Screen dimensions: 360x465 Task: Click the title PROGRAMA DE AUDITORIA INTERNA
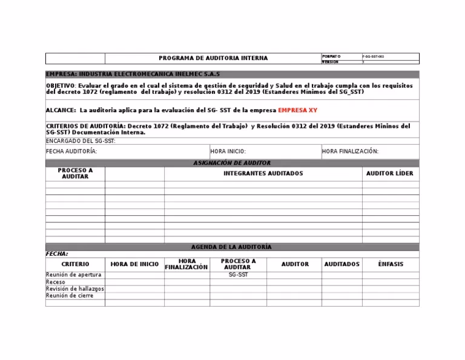[213, 58]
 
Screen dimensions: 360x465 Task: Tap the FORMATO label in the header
[331, 56]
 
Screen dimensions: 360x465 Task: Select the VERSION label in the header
[331, 62]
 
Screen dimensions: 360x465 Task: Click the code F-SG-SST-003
[373, 56]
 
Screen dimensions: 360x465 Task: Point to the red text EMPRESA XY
[297, 110]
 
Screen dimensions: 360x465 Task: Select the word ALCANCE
[61, 110]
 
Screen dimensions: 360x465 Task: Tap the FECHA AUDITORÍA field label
[71, 152]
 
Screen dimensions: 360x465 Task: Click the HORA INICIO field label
[228, 152]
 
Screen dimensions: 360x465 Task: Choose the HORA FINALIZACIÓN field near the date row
[351, 152]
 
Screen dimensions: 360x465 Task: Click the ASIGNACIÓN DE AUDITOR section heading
[232, 163]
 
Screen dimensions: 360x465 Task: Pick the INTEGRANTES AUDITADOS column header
[263, 173]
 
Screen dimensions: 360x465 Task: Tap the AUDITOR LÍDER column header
[390, 173]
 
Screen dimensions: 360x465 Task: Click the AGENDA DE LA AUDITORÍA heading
[232, 247]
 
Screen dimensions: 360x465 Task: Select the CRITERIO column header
[75, 264]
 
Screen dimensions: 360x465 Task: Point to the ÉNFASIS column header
[390, 264]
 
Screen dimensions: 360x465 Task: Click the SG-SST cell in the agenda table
[239, 275]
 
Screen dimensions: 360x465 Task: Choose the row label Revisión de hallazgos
[75, 289]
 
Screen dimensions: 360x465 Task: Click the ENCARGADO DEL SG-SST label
[81, 141]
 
